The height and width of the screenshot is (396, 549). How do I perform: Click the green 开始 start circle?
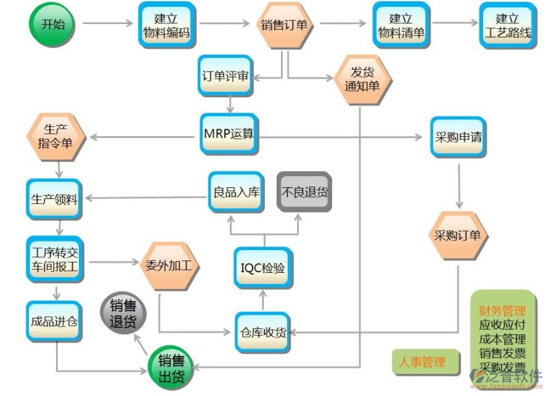52,24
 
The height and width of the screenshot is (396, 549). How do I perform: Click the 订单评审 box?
226,76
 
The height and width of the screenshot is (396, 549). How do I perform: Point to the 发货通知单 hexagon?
362,79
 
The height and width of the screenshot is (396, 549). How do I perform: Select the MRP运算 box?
229,134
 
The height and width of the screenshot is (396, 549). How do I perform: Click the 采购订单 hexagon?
458,235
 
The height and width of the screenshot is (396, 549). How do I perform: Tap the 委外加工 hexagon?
168,266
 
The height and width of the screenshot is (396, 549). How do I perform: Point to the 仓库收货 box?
262,333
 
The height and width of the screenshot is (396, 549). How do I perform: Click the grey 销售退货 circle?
123,314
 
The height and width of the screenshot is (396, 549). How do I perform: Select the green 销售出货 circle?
171,368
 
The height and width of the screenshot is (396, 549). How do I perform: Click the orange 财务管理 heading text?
502,311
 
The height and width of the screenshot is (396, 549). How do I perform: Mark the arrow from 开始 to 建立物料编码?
108,24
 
